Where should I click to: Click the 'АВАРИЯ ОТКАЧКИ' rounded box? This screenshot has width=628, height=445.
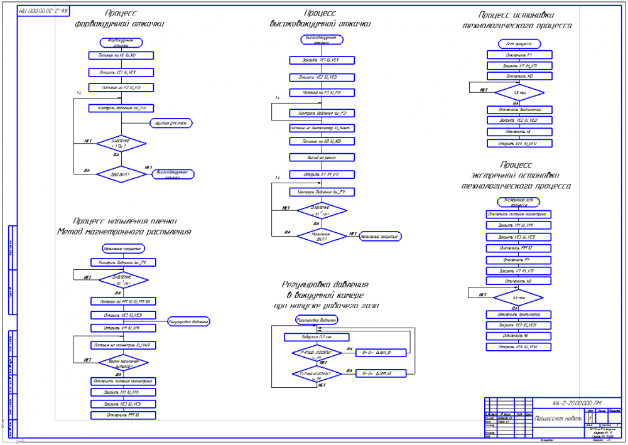(170, 123)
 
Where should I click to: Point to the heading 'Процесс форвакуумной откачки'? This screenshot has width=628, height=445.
(119, 18)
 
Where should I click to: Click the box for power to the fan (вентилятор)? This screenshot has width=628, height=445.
(322, 127)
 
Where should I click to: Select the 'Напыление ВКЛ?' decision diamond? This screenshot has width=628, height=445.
(322, 236)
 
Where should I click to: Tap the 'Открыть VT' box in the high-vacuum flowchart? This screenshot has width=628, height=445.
(322, 174)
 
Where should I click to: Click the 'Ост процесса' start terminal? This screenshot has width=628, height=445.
(519, 44)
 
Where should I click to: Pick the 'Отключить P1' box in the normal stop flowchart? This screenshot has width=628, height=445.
(519, 55)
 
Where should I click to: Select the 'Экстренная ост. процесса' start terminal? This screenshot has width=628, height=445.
(519, 202)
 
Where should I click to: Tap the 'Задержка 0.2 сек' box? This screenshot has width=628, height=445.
(317, 337)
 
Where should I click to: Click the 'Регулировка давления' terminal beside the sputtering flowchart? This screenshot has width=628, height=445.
(188, 321)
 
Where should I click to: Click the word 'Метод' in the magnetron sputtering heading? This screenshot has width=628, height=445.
(71, 232)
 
